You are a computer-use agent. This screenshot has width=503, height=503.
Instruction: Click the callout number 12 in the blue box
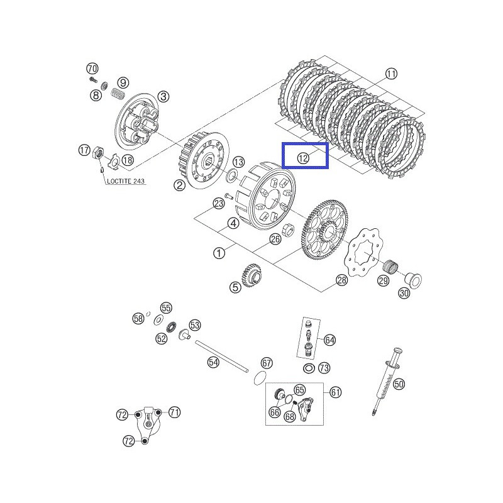click(304, 158)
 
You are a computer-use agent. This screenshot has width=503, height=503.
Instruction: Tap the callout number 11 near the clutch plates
click(392, 74)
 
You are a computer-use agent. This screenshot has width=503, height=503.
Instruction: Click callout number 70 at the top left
click(92, 68)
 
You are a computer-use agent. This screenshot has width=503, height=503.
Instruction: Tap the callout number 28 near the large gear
click(341, 280)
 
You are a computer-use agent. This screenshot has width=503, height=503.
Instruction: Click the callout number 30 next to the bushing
click(403, 293)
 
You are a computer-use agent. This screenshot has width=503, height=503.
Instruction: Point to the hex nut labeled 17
click(98, 153)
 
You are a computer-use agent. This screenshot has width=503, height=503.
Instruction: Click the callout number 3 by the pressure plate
click(163, 96)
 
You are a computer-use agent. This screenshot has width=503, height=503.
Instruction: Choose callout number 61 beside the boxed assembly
click(335, 392)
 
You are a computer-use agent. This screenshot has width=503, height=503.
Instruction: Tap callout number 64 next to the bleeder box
click(330, 340)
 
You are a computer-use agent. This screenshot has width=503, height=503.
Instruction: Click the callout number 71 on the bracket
click(174, 412)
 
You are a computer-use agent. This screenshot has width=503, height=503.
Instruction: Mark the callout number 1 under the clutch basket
click(219, 253)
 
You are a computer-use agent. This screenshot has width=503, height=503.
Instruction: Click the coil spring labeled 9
click(118, 95)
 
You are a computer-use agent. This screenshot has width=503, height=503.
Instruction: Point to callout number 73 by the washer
click(324, 367)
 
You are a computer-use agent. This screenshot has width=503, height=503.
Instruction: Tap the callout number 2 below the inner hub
click(180, 185)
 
